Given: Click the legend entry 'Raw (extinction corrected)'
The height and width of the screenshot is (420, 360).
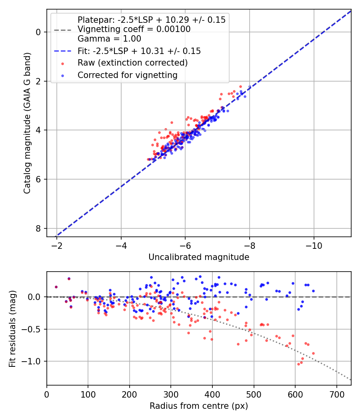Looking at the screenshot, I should (x=132, y=63).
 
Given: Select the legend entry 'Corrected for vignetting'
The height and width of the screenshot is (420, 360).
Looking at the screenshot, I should (x=128, y=75).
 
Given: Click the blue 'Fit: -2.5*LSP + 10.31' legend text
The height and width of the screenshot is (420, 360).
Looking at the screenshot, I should (x=139, y=51).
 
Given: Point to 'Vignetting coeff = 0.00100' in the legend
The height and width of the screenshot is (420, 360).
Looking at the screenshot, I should (x=134, y=29).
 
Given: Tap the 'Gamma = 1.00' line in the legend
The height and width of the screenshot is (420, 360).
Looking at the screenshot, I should (x=109, y=39).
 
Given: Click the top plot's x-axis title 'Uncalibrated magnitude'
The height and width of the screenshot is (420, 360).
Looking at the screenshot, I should (x=199, y=257).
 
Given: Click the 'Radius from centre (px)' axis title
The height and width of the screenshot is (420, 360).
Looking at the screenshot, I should (x=199, y=406).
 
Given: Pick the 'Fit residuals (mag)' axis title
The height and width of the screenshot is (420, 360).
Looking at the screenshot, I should (x=13, y=328).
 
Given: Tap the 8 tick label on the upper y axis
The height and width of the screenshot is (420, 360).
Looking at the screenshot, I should (x=39, y=228).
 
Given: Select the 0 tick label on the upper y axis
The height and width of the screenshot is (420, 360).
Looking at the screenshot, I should (x=39, y=32).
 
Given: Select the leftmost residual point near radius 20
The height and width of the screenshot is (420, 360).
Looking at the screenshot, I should (x=56, y=287).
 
